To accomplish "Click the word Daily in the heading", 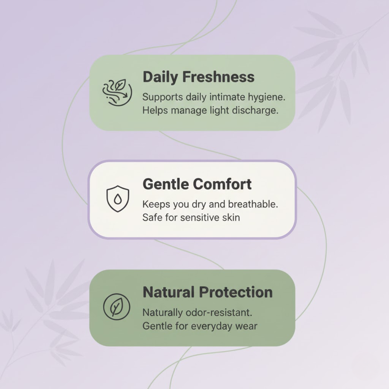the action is click(160, 77).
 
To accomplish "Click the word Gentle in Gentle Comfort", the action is click(166, 184).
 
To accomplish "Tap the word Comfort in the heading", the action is click(222, 184).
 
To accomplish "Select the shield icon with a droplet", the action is click(118, 199).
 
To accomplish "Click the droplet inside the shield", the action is click(118, 199).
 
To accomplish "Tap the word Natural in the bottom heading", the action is click(169, 292).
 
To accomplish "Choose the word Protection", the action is click(236, 292).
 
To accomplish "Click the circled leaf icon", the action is click(117, 307).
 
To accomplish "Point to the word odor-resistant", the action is click(219, 313).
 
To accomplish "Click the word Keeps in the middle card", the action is click(156, 205).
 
